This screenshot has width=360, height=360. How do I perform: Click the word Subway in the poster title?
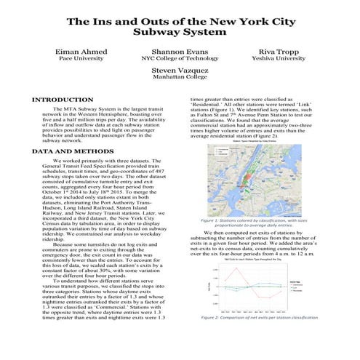coord(156,33)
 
